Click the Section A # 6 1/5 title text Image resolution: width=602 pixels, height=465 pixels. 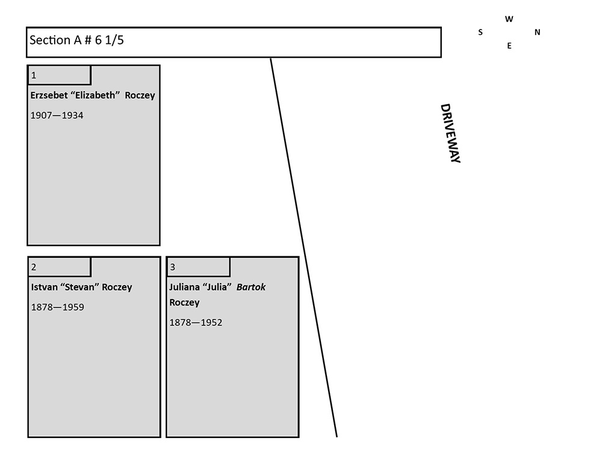(x=77, y=41)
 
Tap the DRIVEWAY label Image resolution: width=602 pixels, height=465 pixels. (x=450, y=133)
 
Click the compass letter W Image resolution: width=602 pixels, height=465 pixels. (x=509, y=19)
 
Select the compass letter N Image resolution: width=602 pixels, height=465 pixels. (x=538, y=32)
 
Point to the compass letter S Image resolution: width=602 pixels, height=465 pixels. (x=480, y=32)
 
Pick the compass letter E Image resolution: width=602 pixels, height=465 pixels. (x=509, y=46)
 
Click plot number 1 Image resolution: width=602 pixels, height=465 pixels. (x=34, y=76)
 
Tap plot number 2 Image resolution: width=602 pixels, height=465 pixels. (x=34, y=268)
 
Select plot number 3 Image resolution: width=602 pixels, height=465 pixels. (x=173, y=268)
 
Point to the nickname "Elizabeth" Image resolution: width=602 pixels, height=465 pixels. (x=96, y=95)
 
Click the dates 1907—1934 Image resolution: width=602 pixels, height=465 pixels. (x=57, y=115)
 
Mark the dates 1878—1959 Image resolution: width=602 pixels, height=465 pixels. (x=57, y=307)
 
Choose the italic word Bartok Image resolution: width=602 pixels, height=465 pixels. (x=251, y=287)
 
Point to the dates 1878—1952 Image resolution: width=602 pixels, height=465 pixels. (x=196, y=322)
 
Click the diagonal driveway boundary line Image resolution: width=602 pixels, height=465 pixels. (x=303, y=247)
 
